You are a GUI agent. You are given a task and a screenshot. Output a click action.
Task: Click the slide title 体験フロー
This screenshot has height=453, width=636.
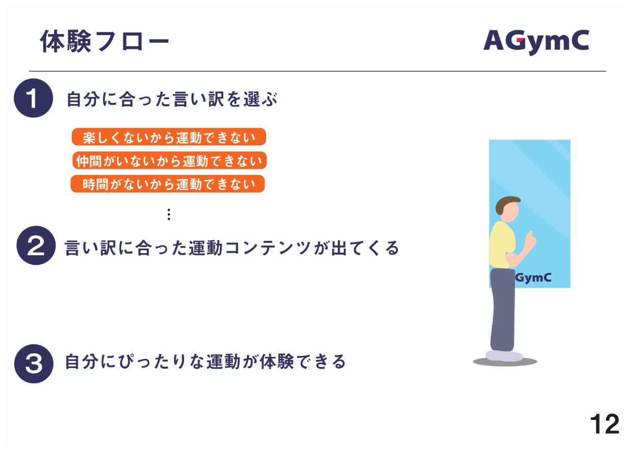pos(104,41)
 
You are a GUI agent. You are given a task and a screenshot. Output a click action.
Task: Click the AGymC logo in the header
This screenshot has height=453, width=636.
pos(536,42)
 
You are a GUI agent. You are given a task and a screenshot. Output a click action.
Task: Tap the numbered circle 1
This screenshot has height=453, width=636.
pos(34,98)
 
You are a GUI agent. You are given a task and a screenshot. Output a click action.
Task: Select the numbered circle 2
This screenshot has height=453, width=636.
pos(36,246)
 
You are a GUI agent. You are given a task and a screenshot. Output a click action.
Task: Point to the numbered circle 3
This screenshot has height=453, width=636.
pos(34,364)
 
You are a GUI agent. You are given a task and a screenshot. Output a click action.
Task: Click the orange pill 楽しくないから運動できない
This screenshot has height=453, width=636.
pos(169,137)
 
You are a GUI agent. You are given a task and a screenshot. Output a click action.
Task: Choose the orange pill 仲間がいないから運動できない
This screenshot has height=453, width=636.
pos(169,160)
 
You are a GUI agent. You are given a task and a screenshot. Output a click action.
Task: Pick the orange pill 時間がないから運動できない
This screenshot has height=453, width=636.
pos(167,184)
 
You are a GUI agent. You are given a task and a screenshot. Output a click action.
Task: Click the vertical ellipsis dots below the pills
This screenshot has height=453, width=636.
pos(169,215)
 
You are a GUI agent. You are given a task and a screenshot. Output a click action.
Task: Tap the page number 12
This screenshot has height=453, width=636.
pos(604,425)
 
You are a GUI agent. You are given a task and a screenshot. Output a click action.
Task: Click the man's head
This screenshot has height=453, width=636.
pos(508,209)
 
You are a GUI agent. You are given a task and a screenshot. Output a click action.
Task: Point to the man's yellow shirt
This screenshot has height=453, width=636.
pos(502,245)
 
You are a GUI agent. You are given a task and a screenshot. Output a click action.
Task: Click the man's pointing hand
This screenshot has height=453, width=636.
pos(530,241)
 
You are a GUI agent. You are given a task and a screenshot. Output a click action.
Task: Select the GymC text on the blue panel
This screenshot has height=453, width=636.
pos(533,278)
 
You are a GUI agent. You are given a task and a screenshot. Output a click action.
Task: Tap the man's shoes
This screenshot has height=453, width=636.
pos(504,356)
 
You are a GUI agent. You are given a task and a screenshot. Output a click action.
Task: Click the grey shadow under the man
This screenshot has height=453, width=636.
pos(505,362)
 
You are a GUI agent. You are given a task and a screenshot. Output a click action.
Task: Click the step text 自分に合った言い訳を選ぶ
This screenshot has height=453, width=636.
pos(172,99)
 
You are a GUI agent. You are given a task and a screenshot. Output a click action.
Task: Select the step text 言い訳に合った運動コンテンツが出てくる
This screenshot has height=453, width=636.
pos(232,248)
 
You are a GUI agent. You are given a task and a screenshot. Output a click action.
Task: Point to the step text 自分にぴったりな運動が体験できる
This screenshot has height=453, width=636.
pos(205,361)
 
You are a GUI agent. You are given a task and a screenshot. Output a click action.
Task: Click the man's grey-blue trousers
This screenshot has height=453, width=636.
pos(503,310)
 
